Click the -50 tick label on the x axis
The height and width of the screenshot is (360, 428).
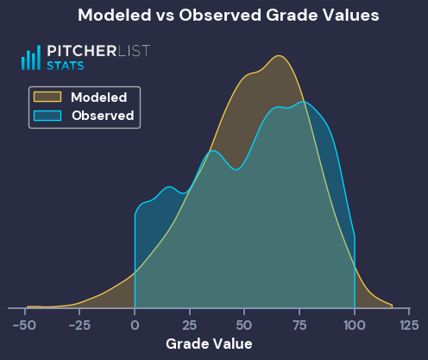coord(24,325)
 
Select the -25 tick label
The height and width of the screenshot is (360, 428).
coord(79,325)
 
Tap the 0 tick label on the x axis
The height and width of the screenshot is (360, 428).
coord(135,325)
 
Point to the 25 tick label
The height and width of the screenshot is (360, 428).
coord(190,325)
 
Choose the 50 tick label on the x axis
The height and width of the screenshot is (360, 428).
coord(244,325)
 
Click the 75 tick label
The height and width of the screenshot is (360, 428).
coord(299,325)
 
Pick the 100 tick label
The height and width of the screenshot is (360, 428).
coord(355,325)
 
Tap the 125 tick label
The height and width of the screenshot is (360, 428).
coord(409,325)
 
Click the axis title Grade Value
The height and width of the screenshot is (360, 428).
coord(209,344)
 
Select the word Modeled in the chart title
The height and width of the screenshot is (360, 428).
coord(115,15)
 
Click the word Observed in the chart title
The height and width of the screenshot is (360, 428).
coord(220,15)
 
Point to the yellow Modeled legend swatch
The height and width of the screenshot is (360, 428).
coord(47,97)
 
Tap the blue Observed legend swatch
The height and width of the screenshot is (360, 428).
coord(47,116)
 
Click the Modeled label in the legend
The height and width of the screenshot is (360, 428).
coord(99,98)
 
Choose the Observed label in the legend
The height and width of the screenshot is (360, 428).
coord(103,116)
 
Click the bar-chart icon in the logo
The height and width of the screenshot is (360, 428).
coord(31,58)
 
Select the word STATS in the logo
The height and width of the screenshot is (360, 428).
coord(66,66)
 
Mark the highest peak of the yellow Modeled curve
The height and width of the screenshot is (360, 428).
coord(279,55)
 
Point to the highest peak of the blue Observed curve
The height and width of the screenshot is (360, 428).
coord(303,102)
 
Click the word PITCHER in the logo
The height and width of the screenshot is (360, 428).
coord(82,51)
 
